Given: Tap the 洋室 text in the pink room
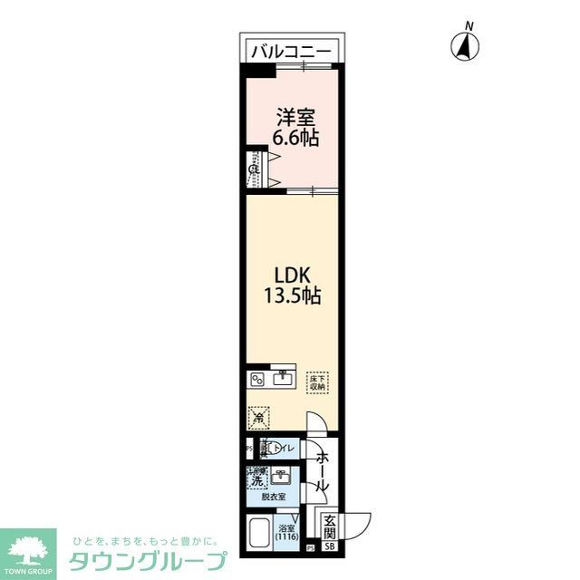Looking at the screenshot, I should tap(295, 118).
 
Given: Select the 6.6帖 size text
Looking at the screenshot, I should tap(295, 139).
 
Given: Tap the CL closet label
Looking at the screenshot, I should tap(255, 169).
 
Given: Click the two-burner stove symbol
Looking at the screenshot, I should tap(256, 379).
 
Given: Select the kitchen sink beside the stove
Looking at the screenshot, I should tap(282, 377).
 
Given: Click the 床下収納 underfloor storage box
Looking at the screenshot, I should tap(316, 382).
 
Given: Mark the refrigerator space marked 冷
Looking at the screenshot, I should tap(259, 418).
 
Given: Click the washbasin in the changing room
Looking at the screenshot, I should tap(283, 476).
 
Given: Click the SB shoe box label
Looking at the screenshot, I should tap(330, 546).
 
